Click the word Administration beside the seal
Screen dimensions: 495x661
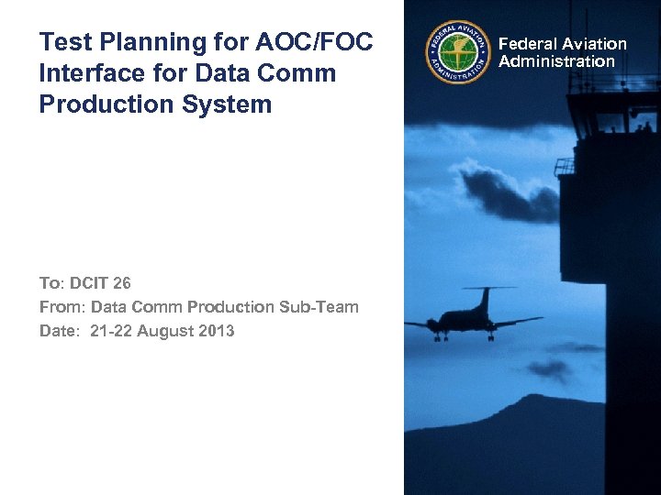pos(556,61)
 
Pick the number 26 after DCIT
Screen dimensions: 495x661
pos(122,283)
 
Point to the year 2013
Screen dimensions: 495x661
pos(217,331)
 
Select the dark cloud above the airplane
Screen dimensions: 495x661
pos(500,192)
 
